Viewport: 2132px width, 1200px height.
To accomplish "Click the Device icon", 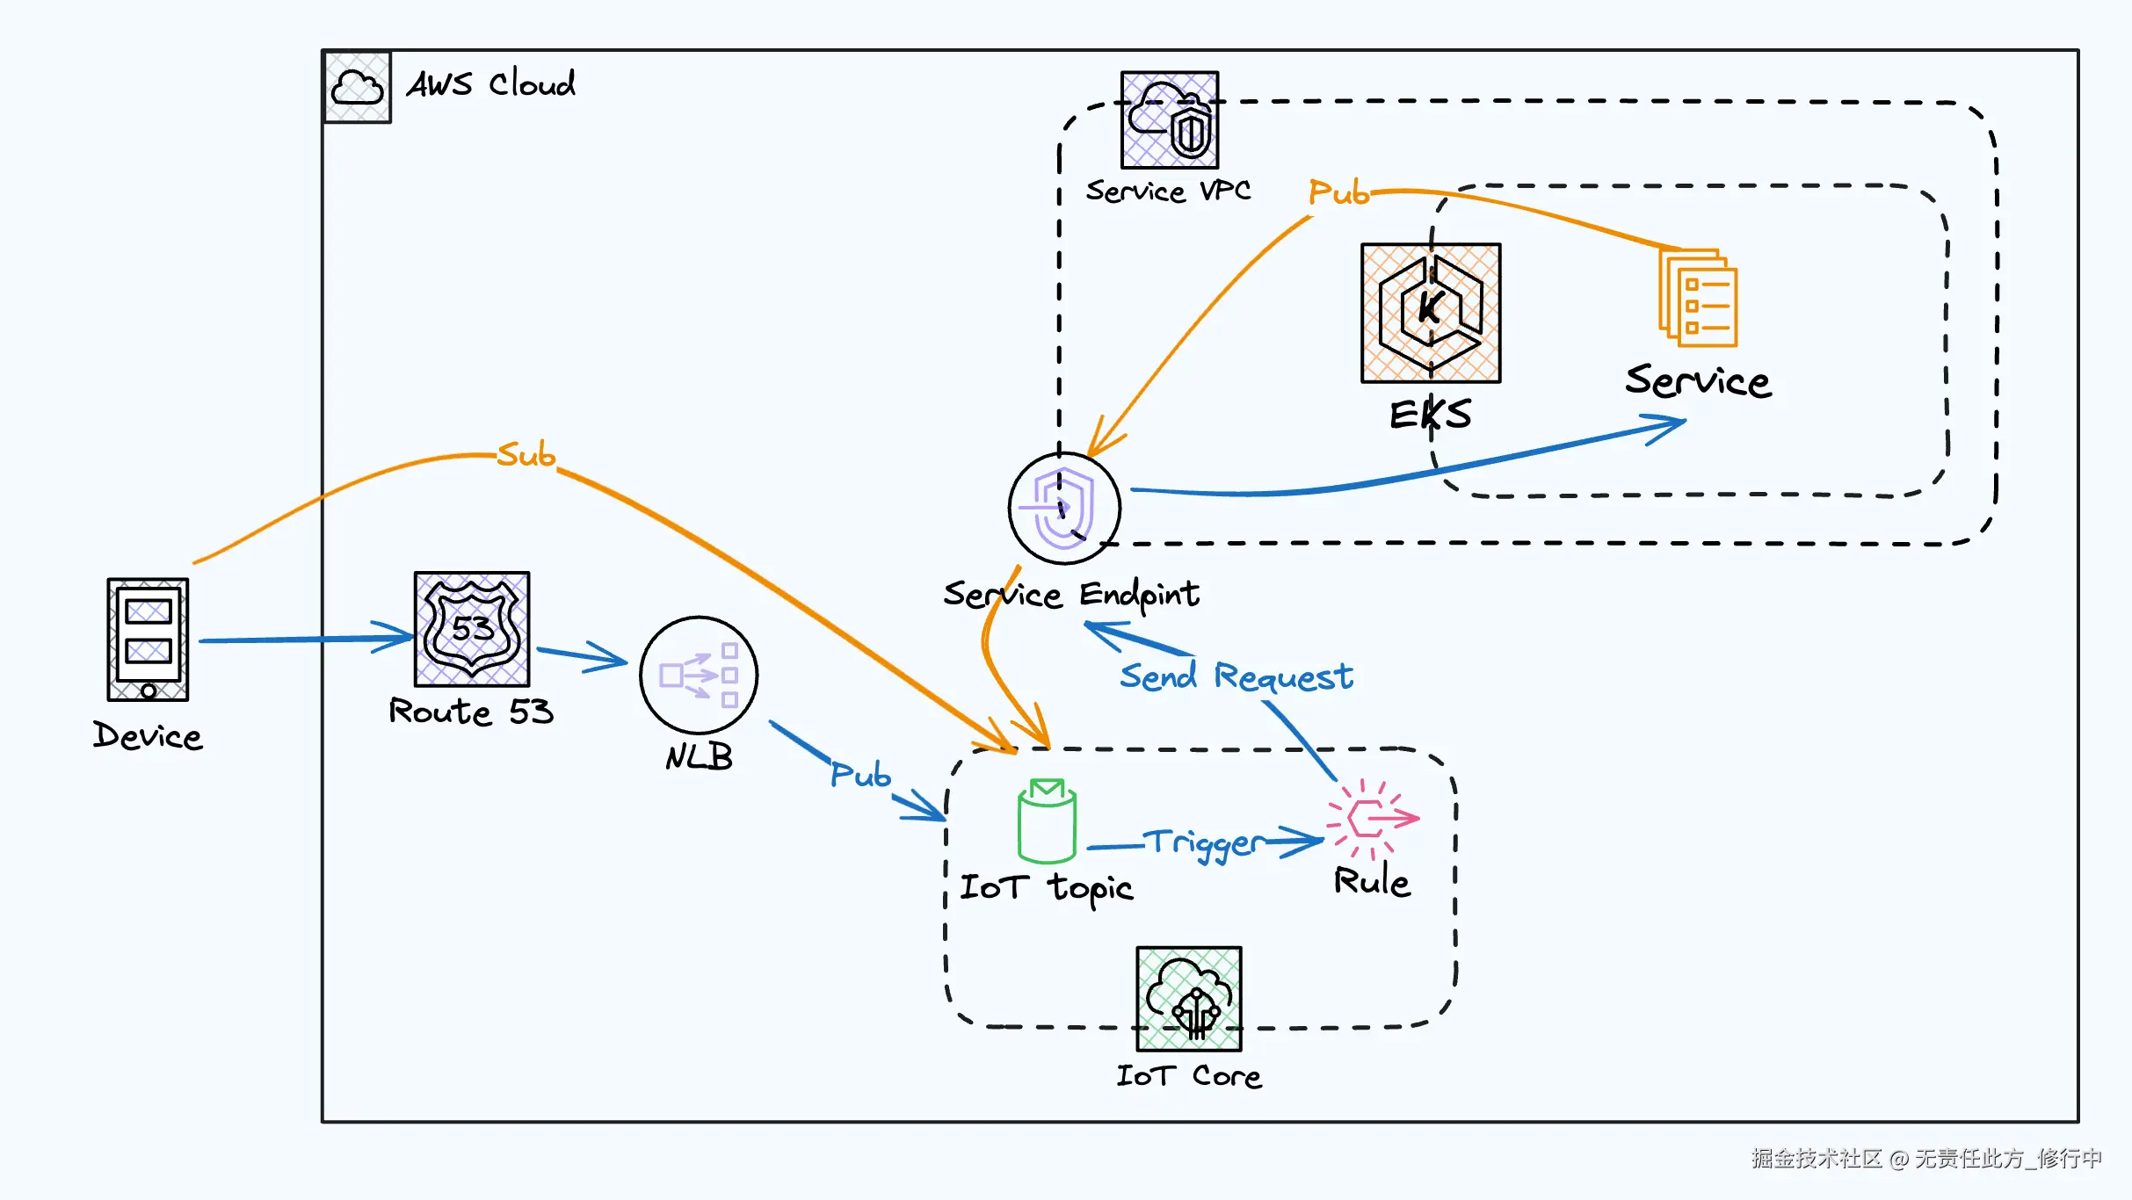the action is pos(148,639).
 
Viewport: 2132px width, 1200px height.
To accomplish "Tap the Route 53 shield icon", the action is pos(472,629).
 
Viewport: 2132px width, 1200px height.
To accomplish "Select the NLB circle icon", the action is pos(699,675).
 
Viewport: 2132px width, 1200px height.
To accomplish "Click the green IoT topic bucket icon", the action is pos(1047,820).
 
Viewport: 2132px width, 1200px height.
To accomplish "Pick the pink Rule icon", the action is pos(1372,818).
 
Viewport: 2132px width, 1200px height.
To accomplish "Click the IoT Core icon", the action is pos(1189,999).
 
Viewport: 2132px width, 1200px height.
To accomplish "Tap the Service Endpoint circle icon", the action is pos(1064,508).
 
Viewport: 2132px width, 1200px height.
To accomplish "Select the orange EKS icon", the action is pos(1431,313).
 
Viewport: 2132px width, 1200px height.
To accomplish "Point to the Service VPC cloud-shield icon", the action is pos(1170,119).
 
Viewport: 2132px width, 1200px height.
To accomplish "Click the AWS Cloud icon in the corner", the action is pos(358,88).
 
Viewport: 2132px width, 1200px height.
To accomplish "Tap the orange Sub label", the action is pos(526,454).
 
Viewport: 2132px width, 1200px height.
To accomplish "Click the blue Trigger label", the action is pos(1205,844).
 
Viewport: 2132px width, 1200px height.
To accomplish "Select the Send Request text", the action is pos(1236,677).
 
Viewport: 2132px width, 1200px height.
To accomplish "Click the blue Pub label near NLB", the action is pos(861,774).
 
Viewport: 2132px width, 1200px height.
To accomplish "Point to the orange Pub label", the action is pos(1339,192).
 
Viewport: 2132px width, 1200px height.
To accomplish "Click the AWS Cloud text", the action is pos(491,84).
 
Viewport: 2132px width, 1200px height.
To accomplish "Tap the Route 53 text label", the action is pos(471,711).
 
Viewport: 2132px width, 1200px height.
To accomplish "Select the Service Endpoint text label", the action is pos(1071,596).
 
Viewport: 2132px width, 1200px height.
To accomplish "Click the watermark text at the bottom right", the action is pos(1926,1159).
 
